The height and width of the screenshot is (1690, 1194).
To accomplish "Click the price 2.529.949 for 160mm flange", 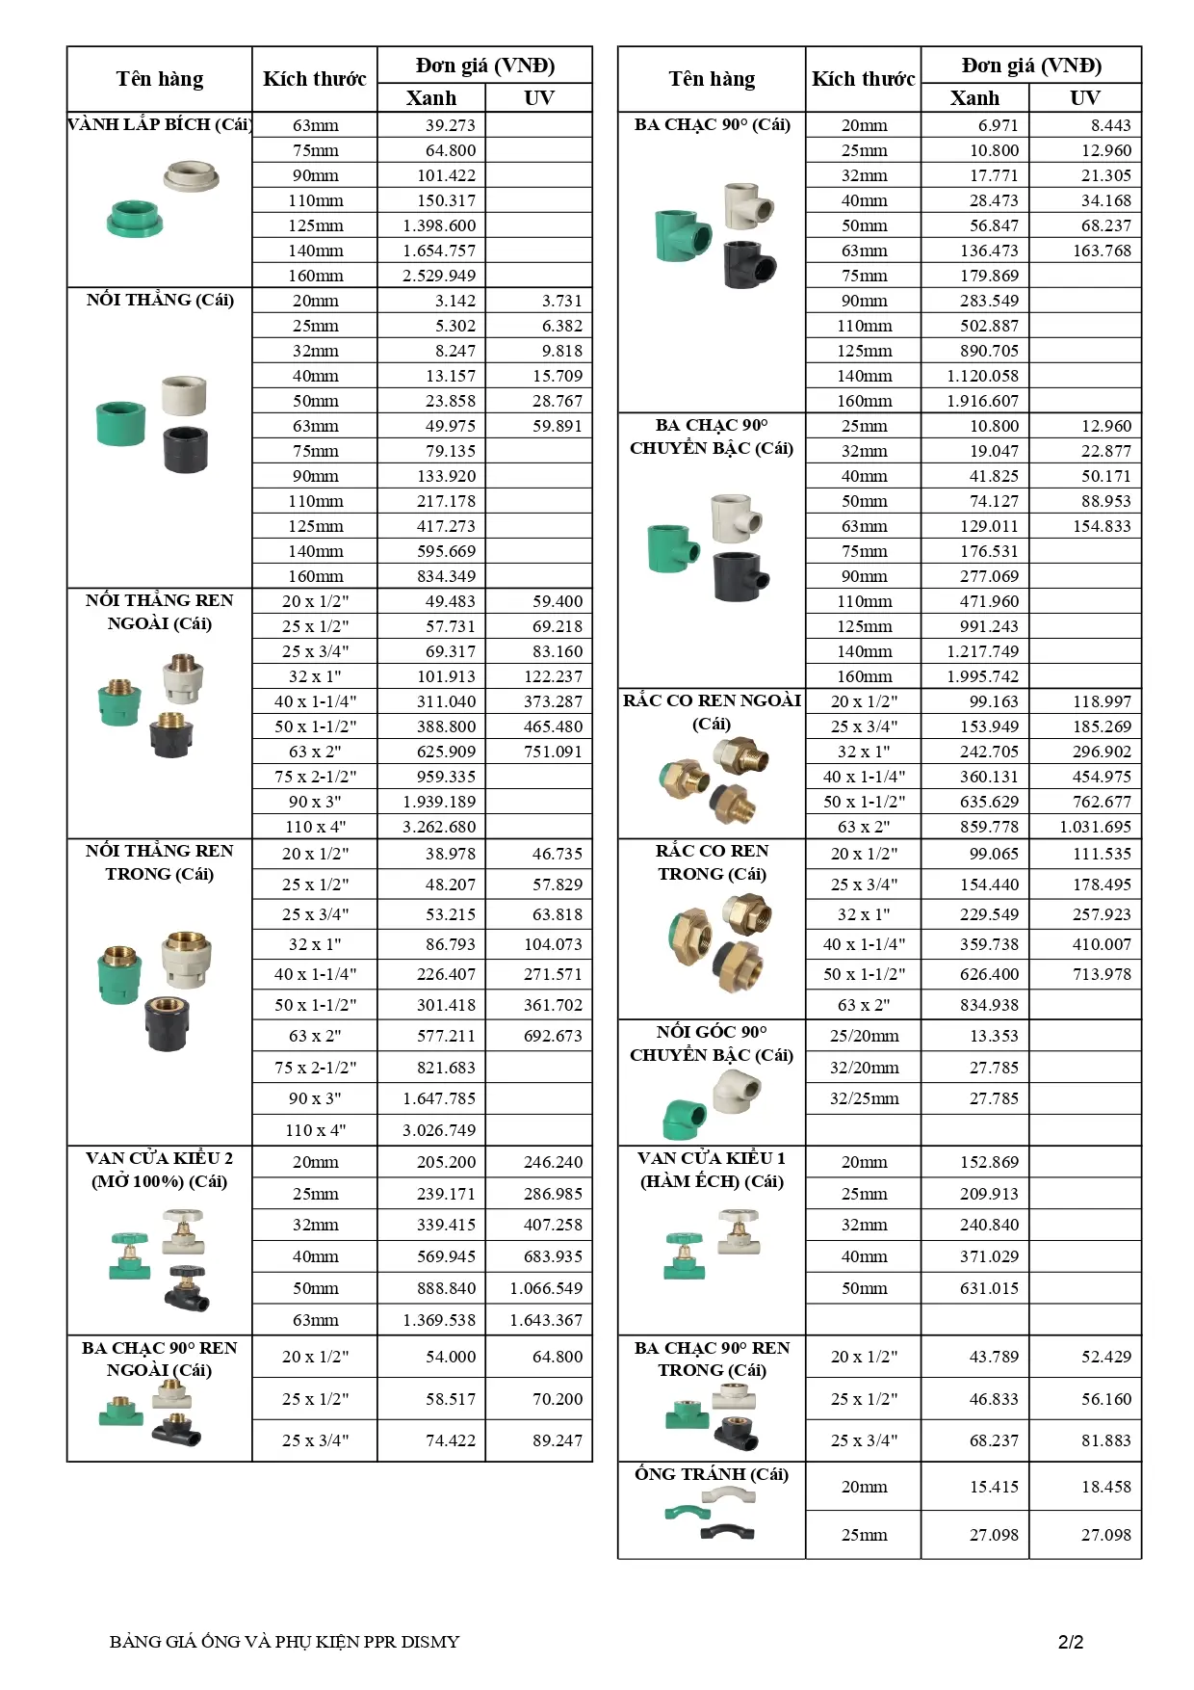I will pyautogui.click(x=439, y=276).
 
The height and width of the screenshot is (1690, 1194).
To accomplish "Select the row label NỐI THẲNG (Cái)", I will pyautogui.click(x=160, y=300).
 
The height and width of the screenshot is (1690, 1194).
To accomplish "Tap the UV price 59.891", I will pyautogui.click(x=558, y=426).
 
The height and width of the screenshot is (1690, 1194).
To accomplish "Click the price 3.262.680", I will pyautogui.click(x=439, y=827).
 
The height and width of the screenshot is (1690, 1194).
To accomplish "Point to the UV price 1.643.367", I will pyautogui.click(x=546, y=1320).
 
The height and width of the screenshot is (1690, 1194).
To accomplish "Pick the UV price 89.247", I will pyautogui.click(x=558, y=1440).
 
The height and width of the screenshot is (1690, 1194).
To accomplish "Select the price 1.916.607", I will pyautogui.click(x=989, y=401).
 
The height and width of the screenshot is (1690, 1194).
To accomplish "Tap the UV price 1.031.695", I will pyautogui.click(x=1095, y=827).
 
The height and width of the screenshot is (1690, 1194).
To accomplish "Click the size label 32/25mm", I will pyautogui.click(x=864, y=1098).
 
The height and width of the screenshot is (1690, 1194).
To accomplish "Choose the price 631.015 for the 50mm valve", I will pyautogui.click(x=989, y=1288).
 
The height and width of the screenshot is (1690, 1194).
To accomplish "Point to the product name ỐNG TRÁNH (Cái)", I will pyautogui.click(x=712, y=1474).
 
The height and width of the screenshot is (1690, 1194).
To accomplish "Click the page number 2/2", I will pyautogui.click(x=1071, y=1642).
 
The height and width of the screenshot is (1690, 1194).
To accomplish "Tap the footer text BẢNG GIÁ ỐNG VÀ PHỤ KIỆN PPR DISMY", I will pyautogui.click(x=284, y=1642).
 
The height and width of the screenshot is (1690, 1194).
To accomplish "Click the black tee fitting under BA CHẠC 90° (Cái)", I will pyautogui.click(x=749, y=264).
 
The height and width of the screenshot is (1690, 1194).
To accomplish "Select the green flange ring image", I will pyautogui.click(x=134, y=219).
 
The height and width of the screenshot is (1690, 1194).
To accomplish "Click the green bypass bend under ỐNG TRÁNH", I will pyautogui.click(x=687, y=1512).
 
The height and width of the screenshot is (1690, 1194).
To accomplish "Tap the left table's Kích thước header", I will pyautogui.click(x=315, y=79).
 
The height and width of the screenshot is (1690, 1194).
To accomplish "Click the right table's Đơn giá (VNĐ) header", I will pyautogui.click(x=1031, y=66).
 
